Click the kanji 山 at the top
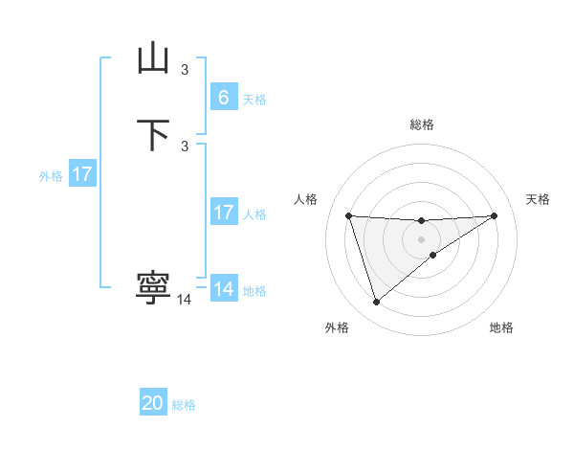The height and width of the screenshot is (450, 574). click(153, 59)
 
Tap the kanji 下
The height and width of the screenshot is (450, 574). click(153, 135)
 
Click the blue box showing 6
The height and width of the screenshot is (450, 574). click(223, 97)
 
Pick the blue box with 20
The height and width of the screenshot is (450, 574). click(153, 403)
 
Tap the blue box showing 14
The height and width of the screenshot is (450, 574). click(223, 288)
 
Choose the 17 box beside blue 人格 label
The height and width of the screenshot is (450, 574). click(223, 213)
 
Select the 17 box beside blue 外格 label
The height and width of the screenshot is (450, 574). click(82, 174)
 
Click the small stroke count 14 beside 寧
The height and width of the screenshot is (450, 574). click(185, 300)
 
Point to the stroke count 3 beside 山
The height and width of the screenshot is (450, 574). click(185, 69)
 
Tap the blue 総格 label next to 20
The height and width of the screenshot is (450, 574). click(184, 405)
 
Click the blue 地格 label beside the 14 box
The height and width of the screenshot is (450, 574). click(254, 291)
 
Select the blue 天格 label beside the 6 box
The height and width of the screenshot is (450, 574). click(254, 100)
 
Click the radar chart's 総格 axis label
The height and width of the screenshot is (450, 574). click(421, 124)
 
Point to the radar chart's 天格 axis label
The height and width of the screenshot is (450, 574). click(538, 199)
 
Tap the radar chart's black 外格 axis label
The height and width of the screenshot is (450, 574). click(337, 327)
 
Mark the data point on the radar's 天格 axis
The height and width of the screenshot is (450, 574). click(494, 215)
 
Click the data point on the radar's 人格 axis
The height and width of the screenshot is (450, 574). click(348, 215)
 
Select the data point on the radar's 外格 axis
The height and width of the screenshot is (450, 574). click(376, 303)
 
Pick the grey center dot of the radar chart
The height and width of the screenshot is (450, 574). click(421, 238)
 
